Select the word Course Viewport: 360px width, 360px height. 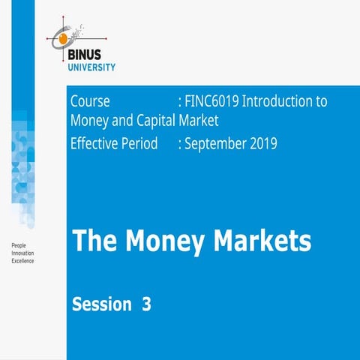pos(90,101)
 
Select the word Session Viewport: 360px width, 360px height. pos(101,304)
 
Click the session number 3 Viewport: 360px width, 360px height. pos(146,304)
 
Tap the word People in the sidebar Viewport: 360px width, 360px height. pos(19,246)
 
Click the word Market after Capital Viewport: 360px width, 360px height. pos(200,121)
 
